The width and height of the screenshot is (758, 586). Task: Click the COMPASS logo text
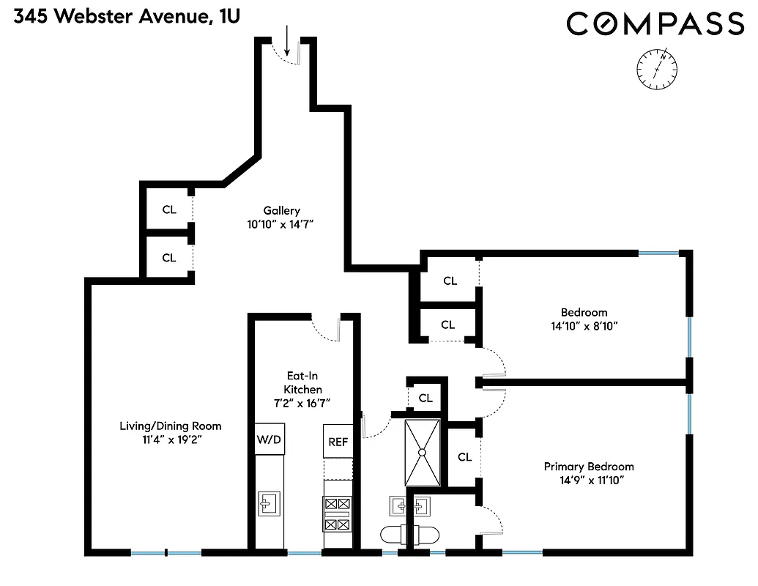(655, 24)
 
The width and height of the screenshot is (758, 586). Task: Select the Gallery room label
(282, 211)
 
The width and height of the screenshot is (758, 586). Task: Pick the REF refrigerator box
(338, 442)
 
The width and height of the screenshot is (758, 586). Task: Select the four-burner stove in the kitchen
(338, 513)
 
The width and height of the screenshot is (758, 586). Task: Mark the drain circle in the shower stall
(422, 453)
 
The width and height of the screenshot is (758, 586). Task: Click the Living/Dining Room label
(171, 426)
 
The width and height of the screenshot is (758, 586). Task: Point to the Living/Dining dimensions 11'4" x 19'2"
(171, 439)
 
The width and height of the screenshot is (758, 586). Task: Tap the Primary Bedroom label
(589, 467)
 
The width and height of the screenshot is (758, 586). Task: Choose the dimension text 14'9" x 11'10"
(589, 481)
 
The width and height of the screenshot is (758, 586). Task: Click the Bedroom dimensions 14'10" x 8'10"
(584, 326)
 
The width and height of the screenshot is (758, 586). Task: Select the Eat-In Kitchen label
(304, 382)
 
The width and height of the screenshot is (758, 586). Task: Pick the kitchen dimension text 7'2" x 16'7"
(304, 403)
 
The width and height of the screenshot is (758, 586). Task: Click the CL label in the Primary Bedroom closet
(464, 457)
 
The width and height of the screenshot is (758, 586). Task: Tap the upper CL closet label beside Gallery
(169, 209)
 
